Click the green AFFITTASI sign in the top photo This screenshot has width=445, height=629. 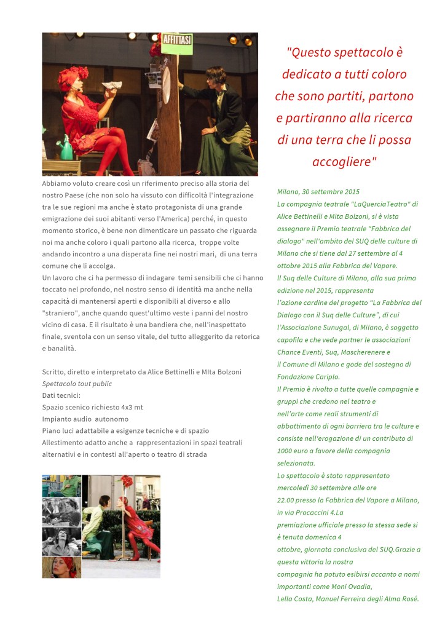[x=177, y=43]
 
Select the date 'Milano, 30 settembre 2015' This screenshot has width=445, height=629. [x=318, y=192]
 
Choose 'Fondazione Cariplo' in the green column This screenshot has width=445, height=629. [x=309, y=376]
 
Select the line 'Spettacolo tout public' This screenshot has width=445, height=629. [x=77, y=384]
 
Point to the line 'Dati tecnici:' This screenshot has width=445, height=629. [x=61, y=395]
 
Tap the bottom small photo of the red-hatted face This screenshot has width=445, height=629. [x=61, y=567]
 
